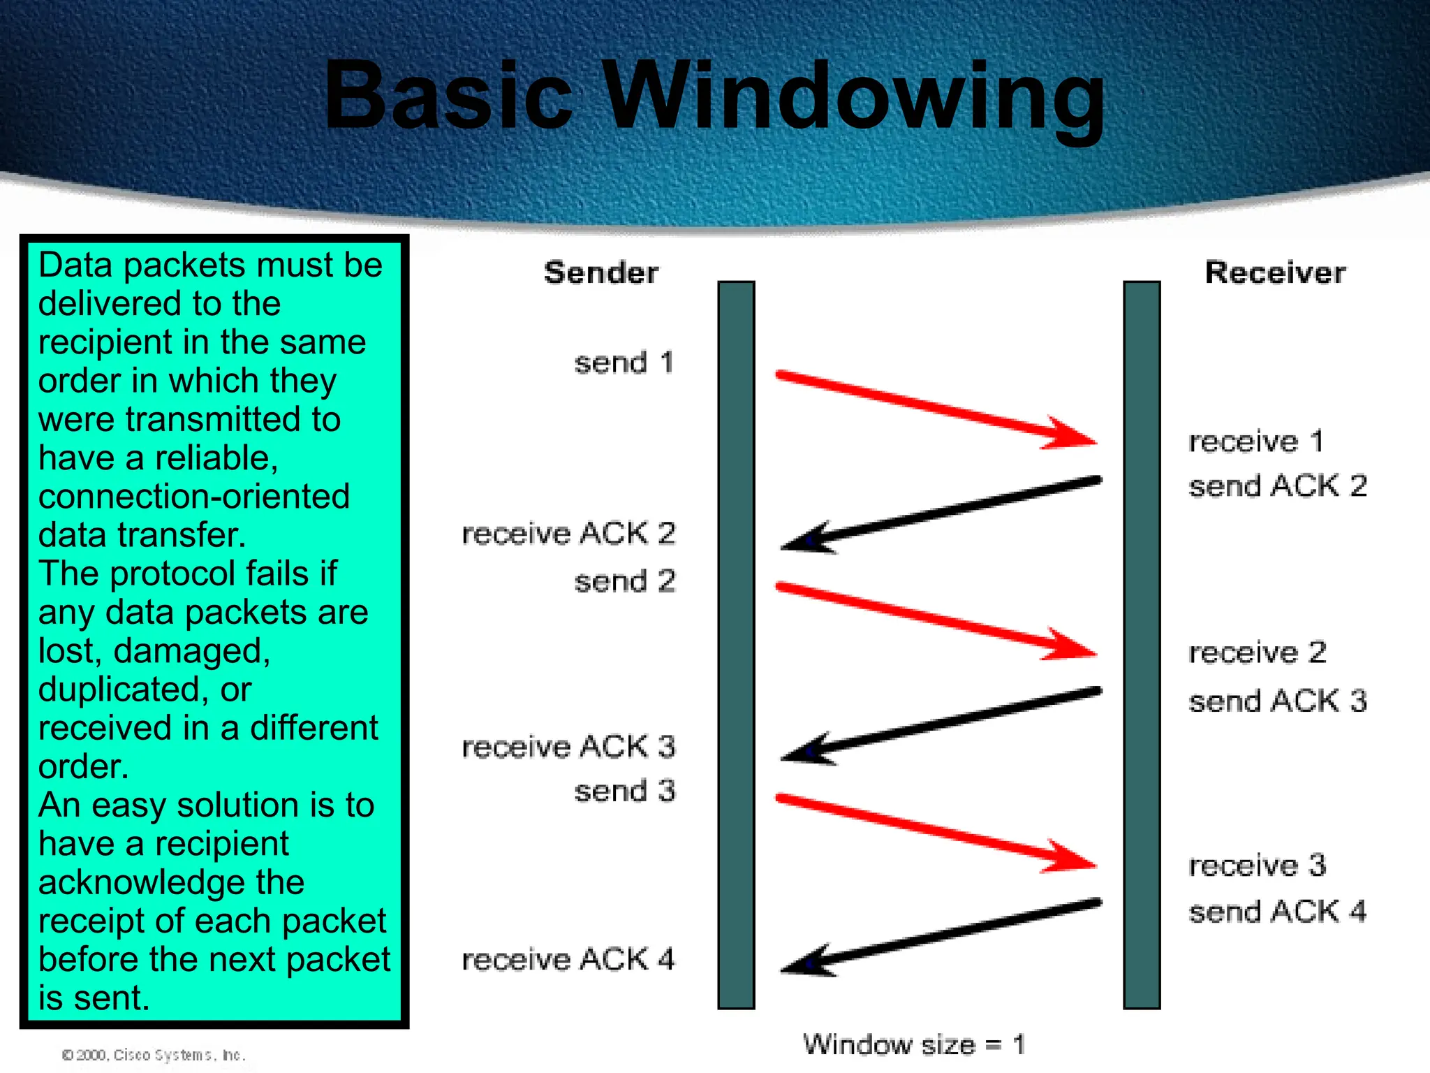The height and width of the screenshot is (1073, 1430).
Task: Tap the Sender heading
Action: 600,272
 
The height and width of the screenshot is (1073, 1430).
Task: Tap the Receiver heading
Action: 1275,272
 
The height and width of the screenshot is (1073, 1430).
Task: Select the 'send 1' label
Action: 624,363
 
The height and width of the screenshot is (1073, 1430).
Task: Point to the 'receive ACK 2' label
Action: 568,534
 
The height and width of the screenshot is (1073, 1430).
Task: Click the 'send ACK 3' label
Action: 1277,701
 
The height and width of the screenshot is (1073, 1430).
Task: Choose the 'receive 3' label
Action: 1257,866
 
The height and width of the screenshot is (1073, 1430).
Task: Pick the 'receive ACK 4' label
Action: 568,959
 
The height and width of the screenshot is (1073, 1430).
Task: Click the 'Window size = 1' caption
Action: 913,1045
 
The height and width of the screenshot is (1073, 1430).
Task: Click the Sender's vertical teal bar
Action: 736,643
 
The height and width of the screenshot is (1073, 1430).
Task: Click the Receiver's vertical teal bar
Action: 1142,643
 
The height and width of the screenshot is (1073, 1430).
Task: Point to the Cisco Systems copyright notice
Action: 154,1055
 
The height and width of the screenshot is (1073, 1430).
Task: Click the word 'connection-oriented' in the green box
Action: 194,497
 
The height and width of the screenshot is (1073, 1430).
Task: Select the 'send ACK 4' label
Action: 1277,912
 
